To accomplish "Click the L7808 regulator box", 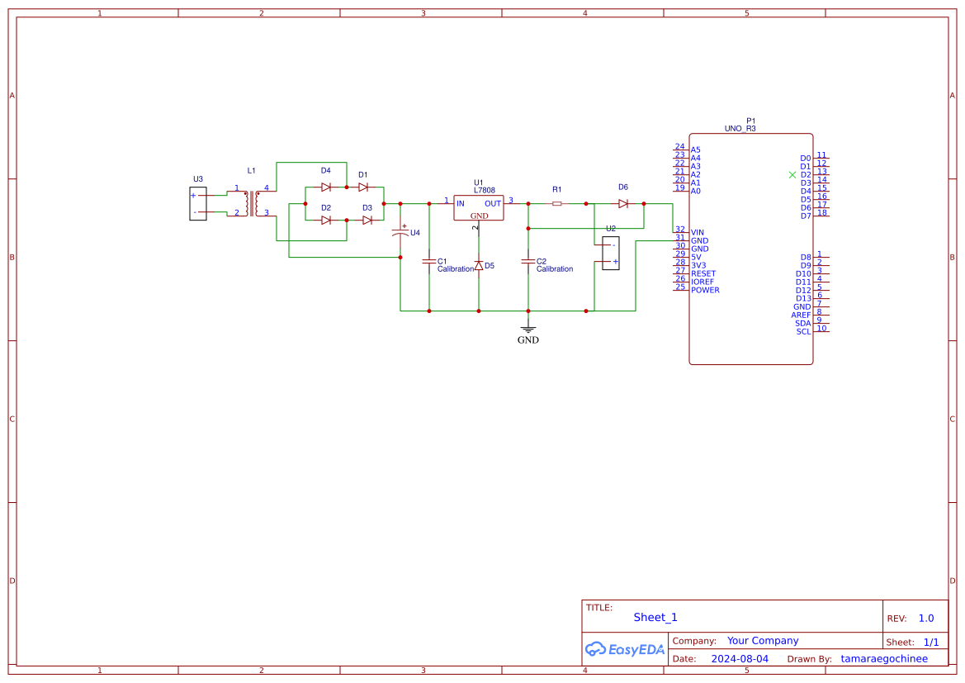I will coord(478,207).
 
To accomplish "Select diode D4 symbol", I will coord(326,187).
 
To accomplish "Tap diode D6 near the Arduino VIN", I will coord(623,203).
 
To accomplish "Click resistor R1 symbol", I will coord(557,203).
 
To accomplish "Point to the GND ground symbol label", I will coord(528,339).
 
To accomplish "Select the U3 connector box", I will coord(197,204).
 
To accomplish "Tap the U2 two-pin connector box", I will coord(611,253).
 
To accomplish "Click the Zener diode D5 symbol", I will coord(479,266).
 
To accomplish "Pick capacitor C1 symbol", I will coord(428,261).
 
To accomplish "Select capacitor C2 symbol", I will coord(528,261).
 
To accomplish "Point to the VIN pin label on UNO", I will coord(698,232).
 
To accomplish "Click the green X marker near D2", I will coord(792,174).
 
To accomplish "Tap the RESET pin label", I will coord(703,273).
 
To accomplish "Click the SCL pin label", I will coord(803,331).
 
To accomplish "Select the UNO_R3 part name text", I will coord(740,129).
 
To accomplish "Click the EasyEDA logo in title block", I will coord(625,649).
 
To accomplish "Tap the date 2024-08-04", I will coord(740,659).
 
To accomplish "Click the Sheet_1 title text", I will coord(655,617).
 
